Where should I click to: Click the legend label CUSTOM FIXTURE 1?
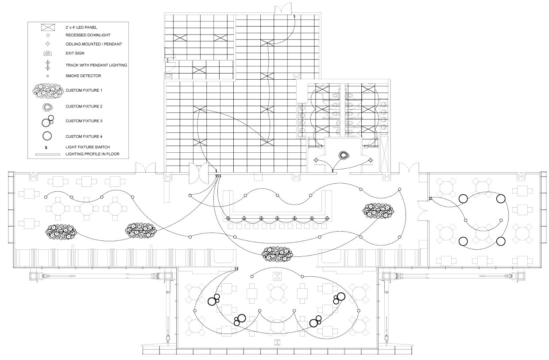pos(84,90)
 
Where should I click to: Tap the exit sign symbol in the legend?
pos(47,53)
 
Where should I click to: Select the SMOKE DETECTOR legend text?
pos(83,76)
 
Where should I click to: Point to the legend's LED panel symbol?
pos(48,27)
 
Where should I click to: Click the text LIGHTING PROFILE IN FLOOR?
pos(93,154)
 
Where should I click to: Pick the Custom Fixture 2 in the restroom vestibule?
pos(344,155)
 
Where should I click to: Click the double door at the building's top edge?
pos(283,8)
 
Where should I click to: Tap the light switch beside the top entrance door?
pos(294,16)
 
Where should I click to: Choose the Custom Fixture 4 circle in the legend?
pos(47,136)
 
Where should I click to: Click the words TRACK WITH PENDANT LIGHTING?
pos(96,65)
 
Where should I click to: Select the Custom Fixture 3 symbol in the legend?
pos(47,121)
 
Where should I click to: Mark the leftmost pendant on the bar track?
pos(228,218)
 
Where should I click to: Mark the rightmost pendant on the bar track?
pos(327,218)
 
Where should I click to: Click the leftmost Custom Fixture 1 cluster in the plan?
pos(61,232)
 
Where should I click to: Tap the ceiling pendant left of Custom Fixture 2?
pos(316,160)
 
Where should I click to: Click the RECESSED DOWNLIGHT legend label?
pos(88,35)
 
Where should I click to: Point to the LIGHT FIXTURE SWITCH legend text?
pos(88,147)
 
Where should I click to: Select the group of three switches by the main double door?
pos(218,176)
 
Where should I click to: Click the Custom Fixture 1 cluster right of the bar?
pos(378,211)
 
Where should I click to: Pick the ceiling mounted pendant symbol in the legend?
pos(48,44)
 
